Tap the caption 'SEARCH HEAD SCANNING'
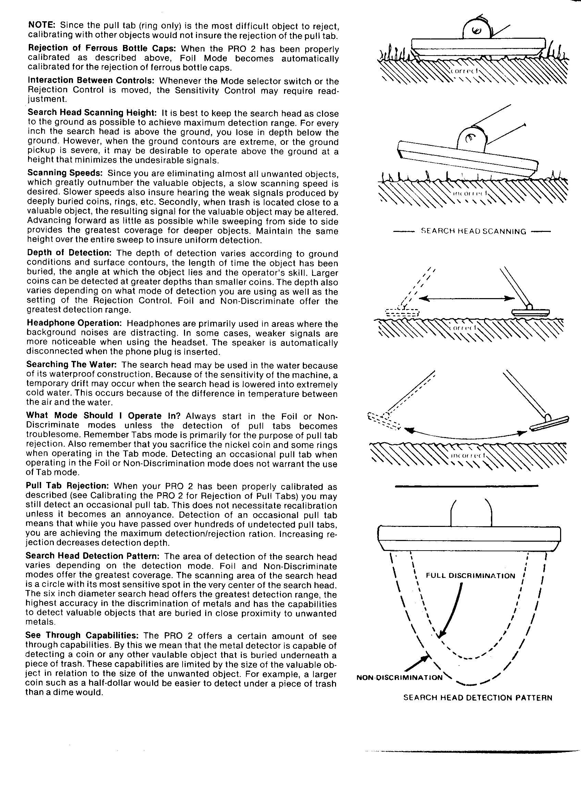[473, 232]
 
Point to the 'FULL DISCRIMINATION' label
[470, 576]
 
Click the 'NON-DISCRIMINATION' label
[399, 677]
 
